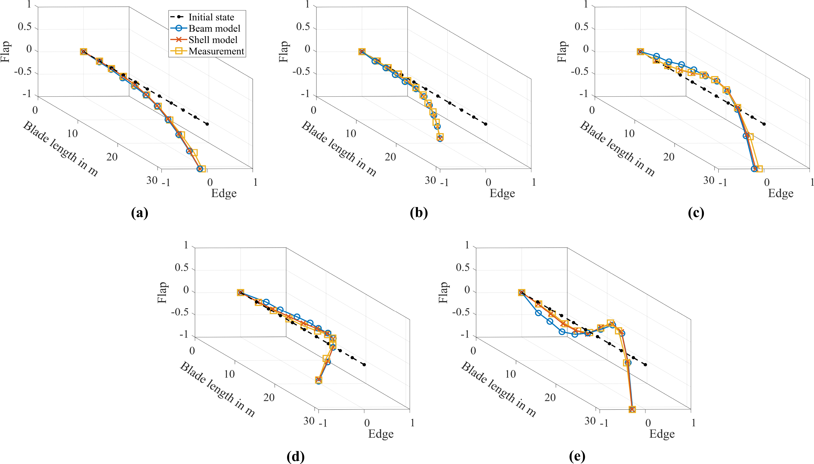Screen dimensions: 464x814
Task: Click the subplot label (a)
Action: tap(140, 213)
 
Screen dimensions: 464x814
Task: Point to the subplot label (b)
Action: tap(419, 213)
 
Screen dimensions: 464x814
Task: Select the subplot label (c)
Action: tap(696, 213)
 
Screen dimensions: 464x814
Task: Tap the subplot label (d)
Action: tap(296, 456)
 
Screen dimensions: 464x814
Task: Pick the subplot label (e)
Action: tap(577, 456)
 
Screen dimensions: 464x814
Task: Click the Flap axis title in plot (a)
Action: tap(6, 51)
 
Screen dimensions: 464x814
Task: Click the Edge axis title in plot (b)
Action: tap(502, 193)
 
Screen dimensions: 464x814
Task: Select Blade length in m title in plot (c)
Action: tap(617, 149)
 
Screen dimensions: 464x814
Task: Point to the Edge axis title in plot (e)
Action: tap(662, 434)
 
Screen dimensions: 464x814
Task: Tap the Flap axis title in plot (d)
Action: tap(163, 292)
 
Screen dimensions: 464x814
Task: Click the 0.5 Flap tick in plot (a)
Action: tap(25, 27)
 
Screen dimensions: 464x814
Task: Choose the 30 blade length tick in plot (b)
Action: tap(430, 180)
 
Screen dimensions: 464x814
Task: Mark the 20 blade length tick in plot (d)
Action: tap(269, 397)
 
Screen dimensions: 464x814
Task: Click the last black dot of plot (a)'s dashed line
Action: tap(207, 124)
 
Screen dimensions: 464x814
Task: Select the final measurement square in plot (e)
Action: tap(632, 409)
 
